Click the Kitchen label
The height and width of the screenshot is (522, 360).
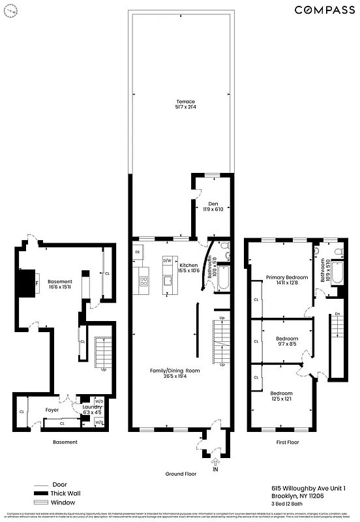(x=188, y=266)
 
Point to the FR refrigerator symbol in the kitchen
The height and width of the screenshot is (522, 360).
(x=138, y=252)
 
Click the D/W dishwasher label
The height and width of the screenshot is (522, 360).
(x=167, y=260)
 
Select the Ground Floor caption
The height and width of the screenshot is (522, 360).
(x=181, y=473)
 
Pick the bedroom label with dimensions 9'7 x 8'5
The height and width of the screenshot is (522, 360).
(x=286, y=341)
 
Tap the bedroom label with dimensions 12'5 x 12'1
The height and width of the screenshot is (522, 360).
(x=282, y=395)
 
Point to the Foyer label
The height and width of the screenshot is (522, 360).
(x=52, y=410)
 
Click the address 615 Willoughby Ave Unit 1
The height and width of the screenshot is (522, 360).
(x=308, y=487)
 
